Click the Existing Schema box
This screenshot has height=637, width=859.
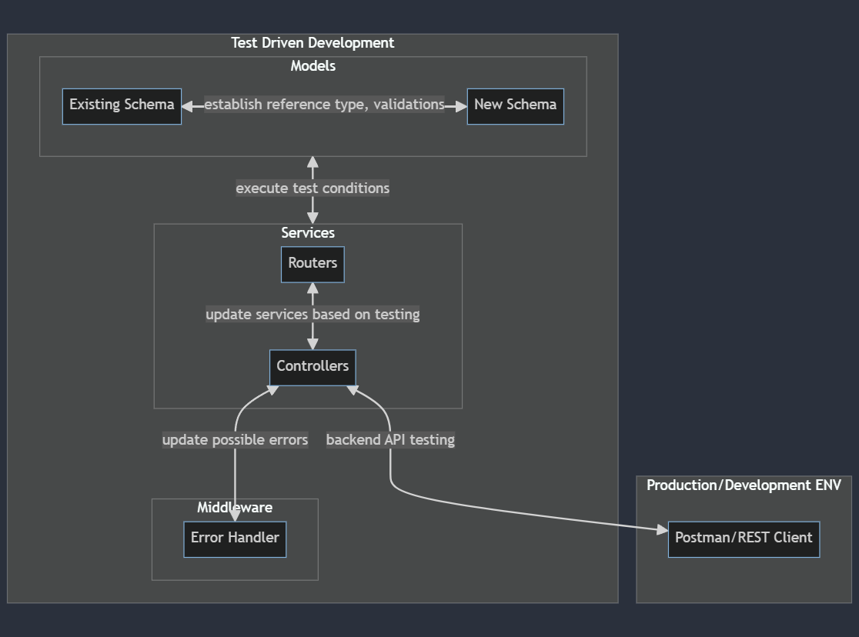[122, 105]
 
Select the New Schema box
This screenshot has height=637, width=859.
[515, 105]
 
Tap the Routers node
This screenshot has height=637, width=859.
[313, 264]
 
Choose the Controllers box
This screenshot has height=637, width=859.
[313, 367]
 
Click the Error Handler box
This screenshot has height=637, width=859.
[235, 539]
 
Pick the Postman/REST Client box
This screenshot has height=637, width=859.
[744, 539]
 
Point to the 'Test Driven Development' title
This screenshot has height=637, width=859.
[313, 43]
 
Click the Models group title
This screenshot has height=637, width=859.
[313, 66]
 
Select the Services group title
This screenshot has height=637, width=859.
[308, 233]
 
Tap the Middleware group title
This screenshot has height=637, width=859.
[235, 508]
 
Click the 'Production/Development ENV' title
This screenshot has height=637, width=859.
[744, 485]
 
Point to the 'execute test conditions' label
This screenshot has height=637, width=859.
[313, 188]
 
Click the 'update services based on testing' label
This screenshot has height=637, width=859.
[313, 315]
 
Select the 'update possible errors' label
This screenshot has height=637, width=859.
[235, 440]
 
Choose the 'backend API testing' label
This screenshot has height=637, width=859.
[390, 440]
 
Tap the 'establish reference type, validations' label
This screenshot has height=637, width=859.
[324, 105]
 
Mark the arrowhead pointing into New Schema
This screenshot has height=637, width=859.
[460, 106]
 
